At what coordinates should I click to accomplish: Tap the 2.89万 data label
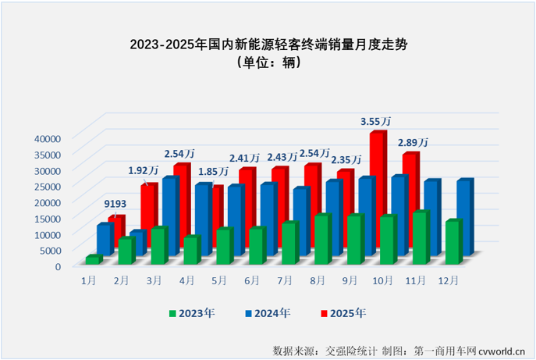tap(413, 143)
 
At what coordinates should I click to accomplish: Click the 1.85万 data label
tap(211, 171)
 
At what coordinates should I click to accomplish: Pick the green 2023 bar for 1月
tap(93, 259)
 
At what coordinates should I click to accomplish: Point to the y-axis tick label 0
tap(57, 266)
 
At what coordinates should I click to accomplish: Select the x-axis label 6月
tap(251, 280)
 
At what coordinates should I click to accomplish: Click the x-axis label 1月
tap(88, 280)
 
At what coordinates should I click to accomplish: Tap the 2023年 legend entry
tap(191, 314)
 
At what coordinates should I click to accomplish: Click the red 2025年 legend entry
tap(343, 314)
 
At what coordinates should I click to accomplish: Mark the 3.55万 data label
tap(375, 122)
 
